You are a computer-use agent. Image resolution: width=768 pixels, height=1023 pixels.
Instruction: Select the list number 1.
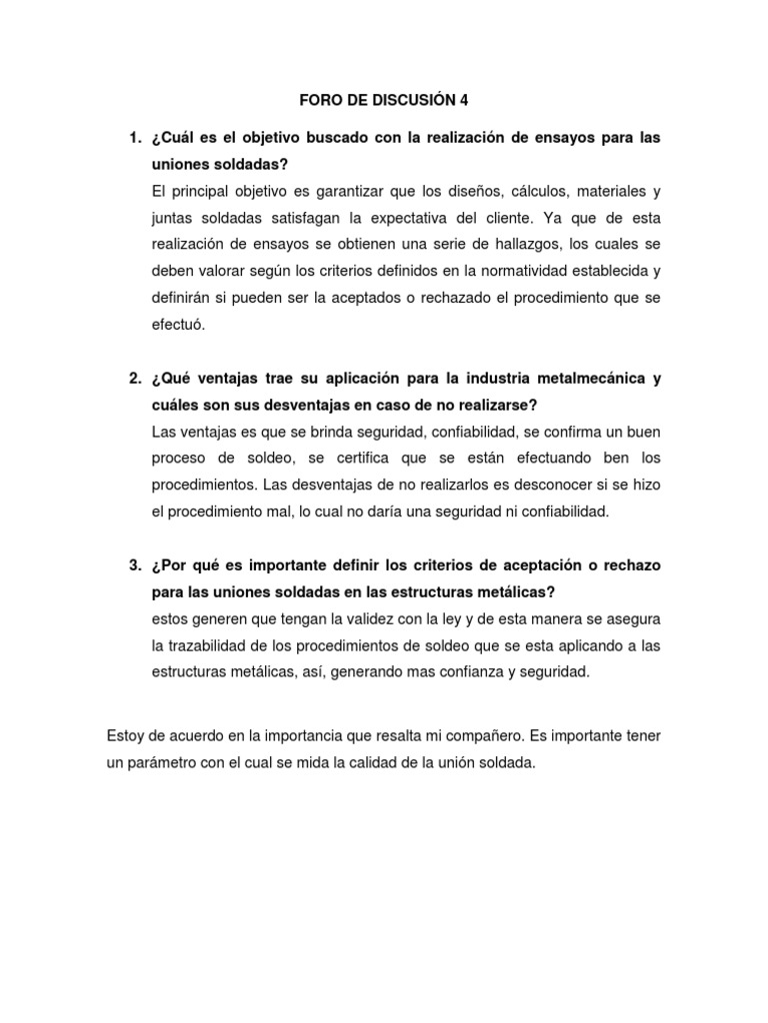tap(132, 136)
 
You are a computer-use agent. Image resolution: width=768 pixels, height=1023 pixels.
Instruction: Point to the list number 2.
tap(132, 379)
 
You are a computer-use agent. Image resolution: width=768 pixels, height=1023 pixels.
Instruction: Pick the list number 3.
tap(132, 565)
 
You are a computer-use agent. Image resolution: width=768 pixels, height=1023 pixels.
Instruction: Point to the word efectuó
tap(177, 325)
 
